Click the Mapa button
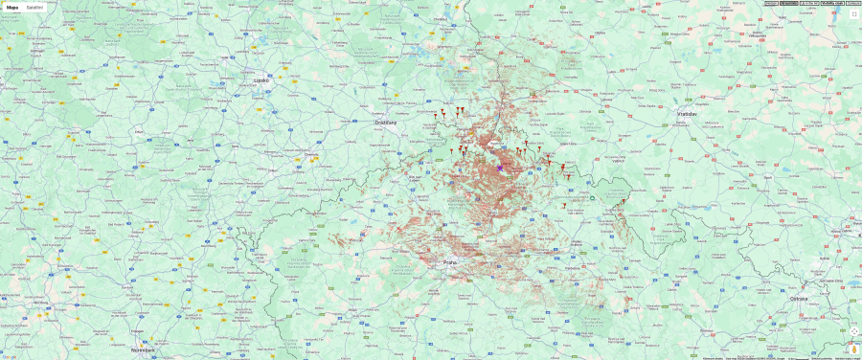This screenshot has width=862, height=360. pyautogui.click(x=12, y=7)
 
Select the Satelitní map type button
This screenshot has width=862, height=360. pyautogui.click(x=34, y=7)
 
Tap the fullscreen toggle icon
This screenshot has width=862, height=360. pyautogui.click(x=854, y=14)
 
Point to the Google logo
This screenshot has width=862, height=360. pyautogui.click(x=10, y=355)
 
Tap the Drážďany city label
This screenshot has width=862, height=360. pyautogui.click(x=387, y=122)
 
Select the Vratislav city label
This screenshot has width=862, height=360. pyautogui.click(x=686, y=113)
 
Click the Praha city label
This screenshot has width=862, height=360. pyautogui.click(x=450, y=261)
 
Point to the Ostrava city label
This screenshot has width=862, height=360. pyautogui.click(x=799, y=299)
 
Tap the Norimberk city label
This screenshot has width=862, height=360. pyautogui.click(x=143, y=350)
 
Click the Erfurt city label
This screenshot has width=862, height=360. pyautogui.click(x=140, y=130)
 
